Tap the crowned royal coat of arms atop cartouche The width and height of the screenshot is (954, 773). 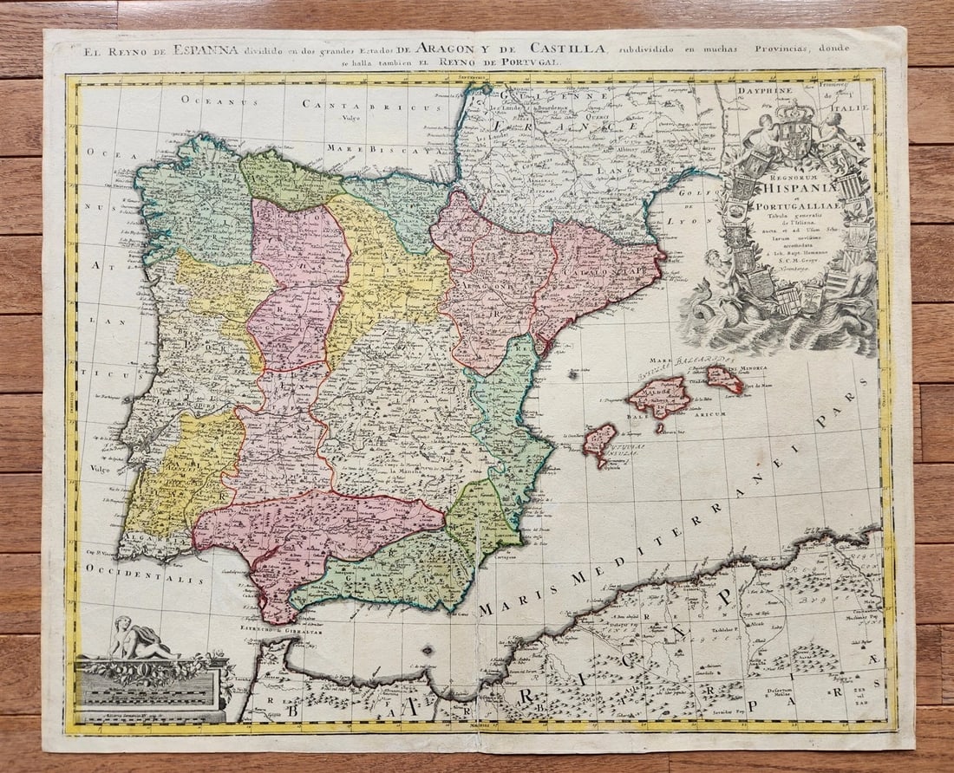coord(796,130)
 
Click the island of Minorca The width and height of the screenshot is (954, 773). coord(724,378)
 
